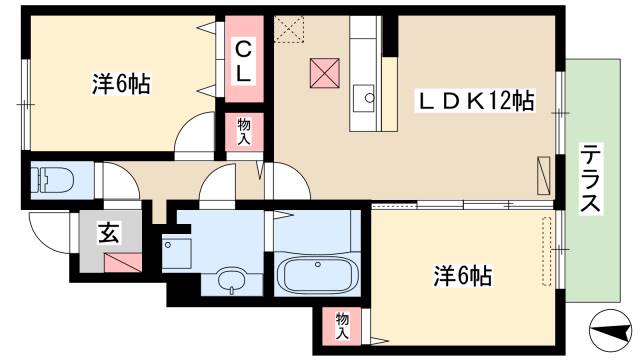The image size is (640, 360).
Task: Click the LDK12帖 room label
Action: (475, 100)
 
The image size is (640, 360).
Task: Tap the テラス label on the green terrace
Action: (590, 178)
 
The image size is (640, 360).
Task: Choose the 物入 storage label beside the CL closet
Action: (243, 131)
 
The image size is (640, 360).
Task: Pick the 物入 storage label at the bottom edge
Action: (343, 325)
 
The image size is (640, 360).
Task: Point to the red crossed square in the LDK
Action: (324, 72)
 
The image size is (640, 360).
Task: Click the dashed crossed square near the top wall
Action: (290, 29)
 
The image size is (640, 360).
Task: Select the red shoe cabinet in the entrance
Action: (122, 264)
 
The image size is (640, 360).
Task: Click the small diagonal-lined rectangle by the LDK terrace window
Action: (543, 177)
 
